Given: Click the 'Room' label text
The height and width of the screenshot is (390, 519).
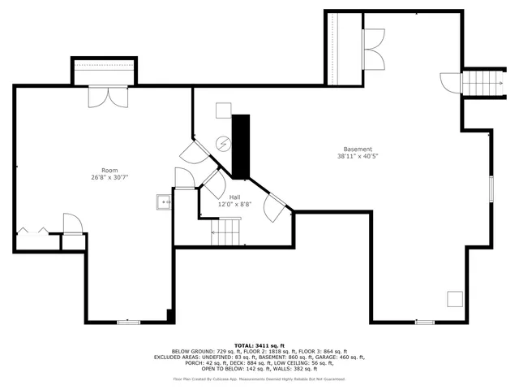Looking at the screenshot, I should (109, 170).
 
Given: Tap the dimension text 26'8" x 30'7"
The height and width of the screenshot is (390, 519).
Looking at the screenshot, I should (109, 177).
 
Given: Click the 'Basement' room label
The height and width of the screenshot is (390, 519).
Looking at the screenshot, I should (358, 149).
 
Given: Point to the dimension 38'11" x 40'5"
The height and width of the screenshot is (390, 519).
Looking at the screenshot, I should (358, 156).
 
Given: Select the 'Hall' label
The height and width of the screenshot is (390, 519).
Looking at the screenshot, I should (234, 197).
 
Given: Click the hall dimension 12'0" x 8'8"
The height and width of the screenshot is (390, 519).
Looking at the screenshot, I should (234, 205).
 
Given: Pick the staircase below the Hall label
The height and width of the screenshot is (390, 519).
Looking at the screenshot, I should (226, 236).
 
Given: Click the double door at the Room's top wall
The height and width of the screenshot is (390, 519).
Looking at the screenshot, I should (107, 96).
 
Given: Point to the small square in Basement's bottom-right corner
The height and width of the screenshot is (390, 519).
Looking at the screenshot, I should (455, 298).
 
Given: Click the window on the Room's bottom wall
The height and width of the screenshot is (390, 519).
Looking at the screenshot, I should (129, 323).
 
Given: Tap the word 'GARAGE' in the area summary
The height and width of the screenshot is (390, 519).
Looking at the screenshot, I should (334, 357).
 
